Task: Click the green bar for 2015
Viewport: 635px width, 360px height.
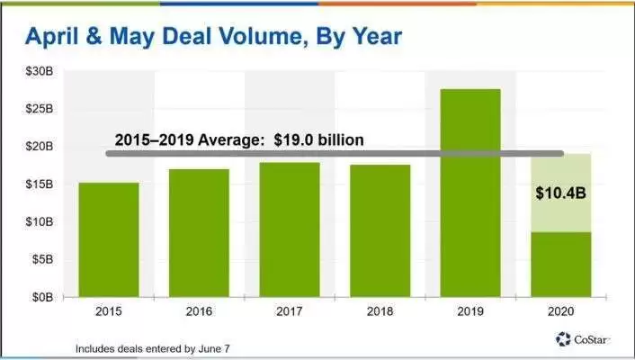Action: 108,238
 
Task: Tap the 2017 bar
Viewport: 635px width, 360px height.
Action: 290,228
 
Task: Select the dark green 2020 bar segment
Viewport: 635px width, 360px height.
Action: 560,263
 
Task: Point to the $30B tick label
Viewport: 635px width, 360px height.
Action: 42,70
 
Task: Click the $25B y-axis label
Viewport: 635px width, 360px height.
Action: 42,108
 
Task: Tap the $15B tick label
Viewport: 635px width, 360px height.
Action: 42,184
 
